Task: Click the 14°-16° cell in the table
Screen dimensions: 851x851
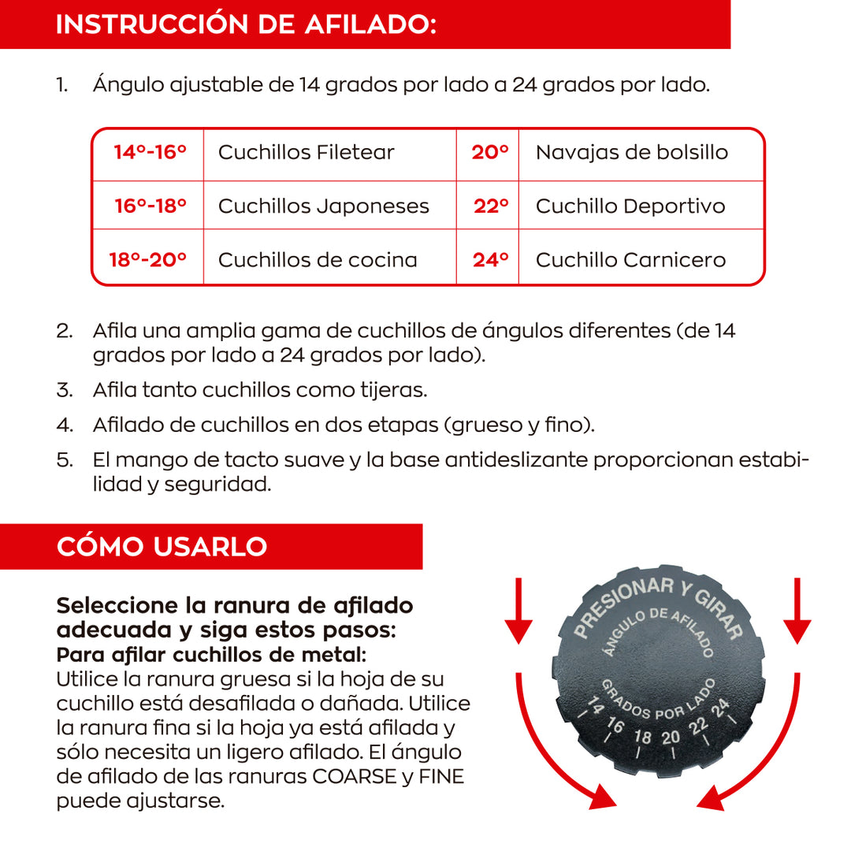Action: coord(150,153)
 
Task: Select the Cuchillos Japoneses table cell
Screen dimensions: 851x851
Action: coord(323,206)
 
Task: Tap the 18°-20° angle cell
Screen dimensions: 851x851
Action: coord(148,259)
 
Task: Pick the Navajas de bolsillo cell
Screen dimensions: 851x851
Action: coord(631,153)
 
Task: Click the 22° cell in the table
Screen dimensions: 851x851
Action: coord(490,206)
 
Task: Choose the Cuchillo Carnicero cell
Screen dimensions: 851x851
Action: coord(630,259)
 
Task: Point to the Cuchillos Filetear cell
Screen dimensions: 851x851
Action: coord(306,153)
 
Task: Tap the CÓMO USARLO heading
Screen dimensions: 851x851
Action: coord(162,546)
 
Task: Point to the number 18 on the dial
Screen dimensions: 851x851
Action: coord(643,737)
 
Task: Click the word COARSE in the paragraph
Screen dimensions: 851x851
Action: coord(354,777)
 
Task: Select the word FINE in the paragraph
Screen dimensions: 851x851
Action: coord(441,777)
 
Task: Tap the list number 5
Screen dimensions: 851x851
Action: coord(64,459)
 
